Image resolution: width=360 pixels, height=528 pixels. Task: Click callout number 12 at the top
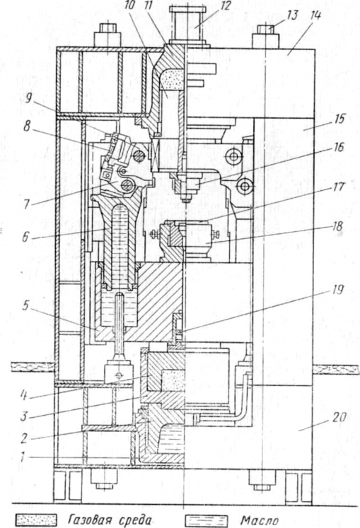tap(225, 6)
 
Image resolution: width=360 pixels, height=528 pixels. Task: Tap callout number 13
tap(293, 15)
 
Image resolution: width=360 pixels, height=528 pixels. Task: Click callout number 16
tap(337, 148)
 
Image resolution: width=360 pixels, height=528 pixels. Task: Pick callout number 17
tap(339, 187)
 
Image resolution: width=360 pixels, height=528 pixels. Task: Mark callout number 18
tap(337, 226)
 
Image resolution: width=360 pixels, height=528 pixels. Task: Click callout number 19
tap(337, 290)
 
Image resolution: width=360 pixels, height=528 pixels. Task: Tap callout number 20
tap(339, 417)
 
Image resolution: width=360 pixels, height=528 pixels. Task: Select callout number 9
tap(29, 98)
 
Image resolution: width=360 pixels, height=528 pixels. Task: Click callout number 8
tap(27, 126)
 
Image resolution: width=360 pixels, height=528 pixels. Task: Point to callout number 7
tap(26, 204)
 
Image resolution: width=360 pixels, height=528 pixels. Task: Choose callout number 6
tap(25, 237)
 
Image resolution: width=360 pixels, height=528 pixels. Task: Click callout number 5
tap(26, 306)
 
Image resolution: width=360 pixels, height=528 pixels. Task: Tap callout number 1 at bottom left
tap(22, 458)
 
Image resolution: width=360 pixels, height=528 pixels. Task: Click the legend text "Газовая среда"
tap(110, 520)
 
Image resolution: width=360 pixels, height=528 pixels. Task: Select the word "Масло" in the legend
tap(260, 521)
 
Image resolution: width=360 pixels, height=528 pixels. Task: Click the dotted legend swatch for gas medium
tap(36, 520)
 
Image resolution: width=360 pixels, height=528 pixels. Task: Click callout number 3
tap(23, 416)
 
